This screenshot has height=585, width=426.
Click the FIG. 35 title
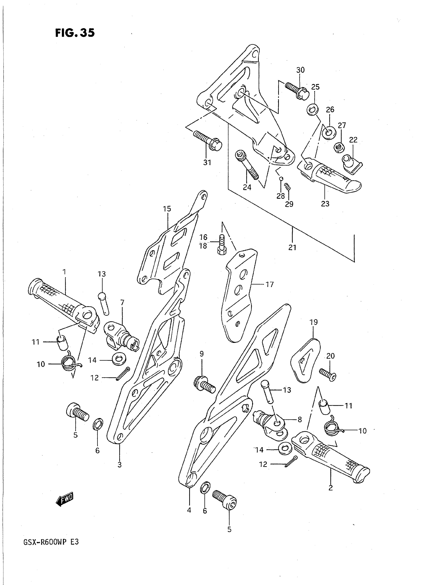coord(75,33)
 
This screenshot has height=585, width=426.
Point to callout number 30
coord(300,70)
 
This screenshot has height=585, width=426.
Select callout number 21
coord(292,248)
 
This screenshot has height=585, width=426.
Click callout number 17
coord(269,284)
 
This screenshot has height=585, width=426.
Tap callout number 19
coord(313,322)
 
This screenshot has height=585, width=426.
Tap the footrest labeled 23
coord(330,176)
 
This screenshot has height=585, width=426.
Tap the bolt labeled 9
coord(204,386)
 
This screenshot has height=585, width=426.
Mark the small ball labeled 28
coord(282,178)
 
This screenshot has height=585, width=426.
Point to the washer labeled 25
coord(312,109)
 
